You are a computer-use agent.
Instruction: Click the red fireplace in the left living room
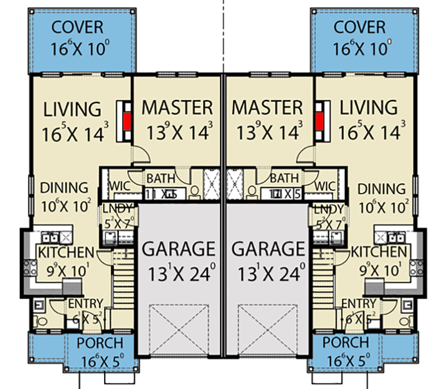[x=127, y=120]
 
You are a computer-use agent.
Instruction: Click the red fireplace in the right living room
[x=319, y=120]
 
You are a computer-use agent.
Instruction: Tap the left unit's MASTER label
[x=177, y=107]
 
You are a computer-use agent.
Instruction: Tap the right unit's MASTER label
[x=267, y=107]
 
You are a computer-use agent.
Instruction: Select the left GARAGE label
[x=178, y=249]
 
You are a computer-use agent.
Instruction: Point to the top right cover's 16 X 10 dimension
[x=360, y=49]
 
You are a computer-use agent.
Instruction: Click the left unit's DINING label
[x=64, y=188]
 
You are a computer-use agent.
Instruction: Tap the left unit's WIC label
[x=119, y=186]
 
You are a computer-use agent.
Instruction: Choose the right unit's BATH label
[x=285, y=178]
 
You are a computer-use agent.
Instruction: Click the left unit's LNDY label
[x=117, y=209]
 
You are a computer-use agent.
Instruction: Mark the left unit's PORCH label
[x=100, y=343]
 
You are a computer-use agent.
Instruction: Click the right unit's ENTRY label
[x=359, y=303]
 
